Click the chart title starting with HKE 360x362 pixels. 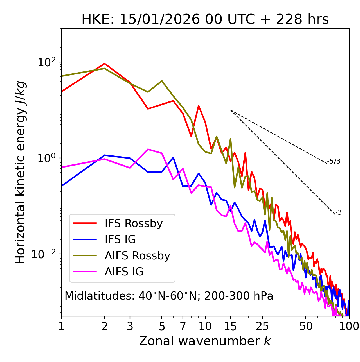point(205,20)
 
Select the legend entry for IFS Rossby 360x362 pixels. point(134,223)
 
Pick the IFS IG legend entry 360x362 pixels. point(120,239)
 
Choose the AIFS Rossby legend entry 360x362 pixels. point(137,256)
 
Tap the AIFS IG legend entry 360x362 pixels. point(124,272)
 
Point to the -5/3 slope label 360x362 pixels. point(334,161)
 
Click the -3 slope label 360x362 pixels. point(338,213)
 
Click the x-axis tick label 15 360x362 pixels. point(231,326)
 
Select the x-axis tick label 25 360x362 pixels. point(262,326)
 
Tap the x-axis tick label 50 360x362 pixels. point(306,326)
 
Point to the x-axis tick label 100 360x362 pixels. point(349,326)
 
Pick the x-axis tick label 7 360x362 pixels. point(183,326)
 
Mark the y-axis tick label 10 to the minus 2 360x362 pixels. point(45,254)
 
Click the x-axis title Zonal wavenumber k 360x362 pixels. point(205,341)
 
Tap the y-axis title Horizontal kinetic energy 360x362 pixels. point(20,172)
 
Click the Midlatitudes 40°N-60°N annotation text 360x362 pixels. point(169,296)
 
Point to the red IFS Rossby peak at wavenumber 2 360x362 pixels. point(105,64)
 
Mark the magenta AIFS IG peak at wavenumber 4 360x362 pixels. point(148,149)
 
